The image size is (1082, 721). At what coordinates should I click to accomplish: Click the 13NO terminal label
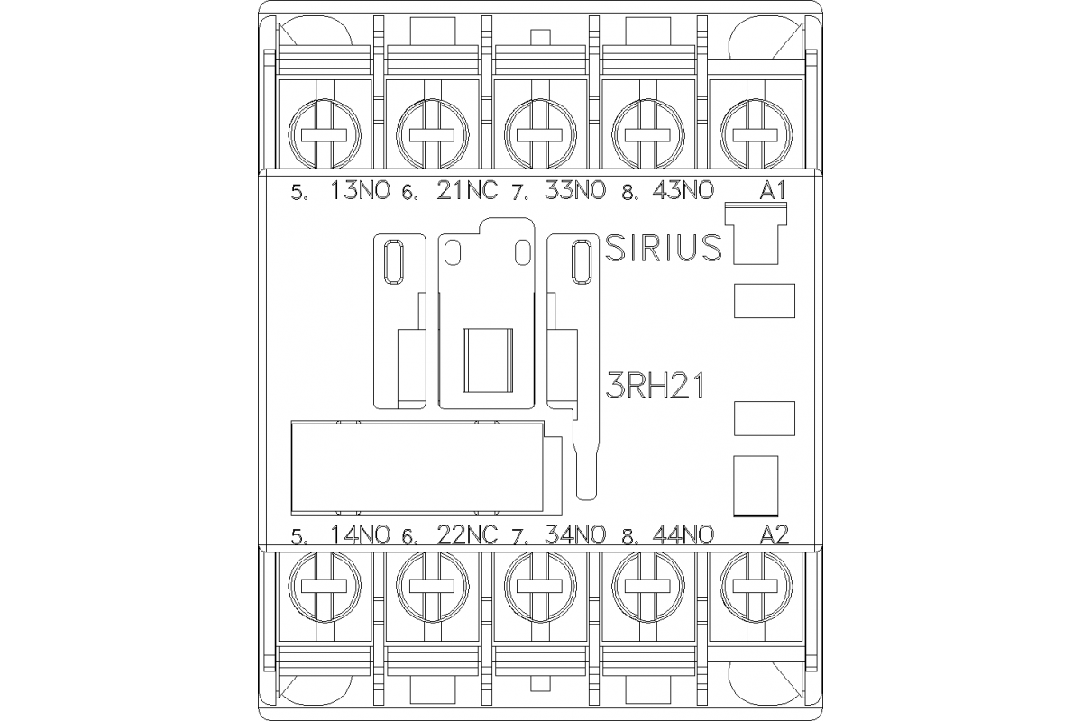point(362,191)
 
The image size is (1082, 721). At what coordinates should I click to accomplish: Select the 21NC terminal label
point(467,191)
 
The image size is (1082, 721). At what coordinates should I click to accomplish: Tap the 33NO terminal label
point(576,191)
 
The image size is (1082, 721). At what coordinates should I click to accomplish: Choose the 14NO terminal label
point(362,534)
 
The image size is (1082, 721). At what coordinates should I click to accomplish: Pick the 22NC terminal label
point(467,534)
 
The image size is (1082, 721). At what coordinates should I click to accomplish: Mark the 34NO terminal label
point(576,534)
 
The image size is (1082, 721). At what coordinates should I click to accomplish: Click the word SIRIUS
point(663,248)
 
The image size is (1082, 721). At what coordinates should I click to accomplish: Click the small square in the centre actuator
point(487,360)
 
